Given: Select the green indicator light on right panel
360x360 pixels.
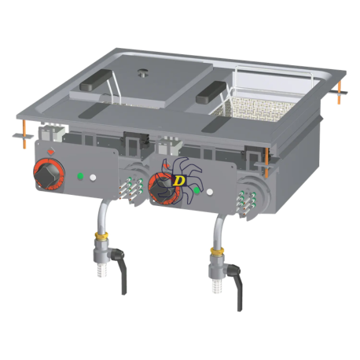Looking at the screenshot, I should click(196, 189).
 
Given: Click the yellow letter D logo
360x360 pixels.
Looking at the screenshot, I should click(179, 180).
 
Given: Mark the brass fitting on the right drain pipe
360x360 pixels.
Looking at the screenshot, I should click(214, 253).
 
